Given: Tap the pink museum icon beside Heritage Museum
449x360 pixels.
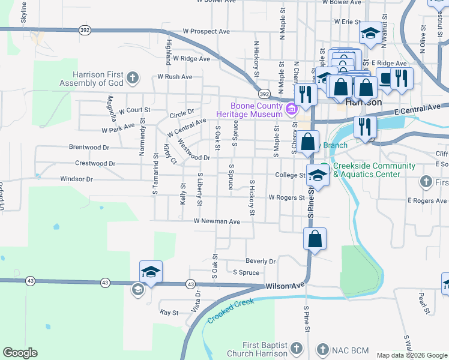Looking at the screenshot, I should tap(292, 109).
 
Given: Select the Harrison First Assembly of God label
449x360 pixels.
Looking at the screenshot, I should tap(97, 79).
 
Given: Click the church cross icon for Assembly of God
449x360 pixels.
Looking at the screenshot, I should tap(133, 77).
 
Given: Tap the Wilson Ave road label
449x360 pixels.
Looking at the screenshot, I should tap(286, 287).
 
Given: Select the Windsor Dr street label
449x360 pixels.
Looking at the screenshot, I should tap(76, 179).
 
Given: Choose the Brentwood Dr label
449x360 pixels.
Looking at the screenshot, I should tap(89, 147).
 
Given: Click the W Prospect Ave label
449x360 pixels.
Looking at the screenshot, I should tap(206, 31).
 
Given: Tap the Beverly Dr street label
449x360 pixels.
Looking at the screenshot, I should tap(261, 262).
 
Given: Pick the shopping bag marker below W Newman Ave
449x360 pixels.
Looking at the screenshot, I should tap(315, 239).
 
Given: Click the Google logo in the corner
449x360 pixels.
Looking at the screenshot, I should tap(20, 352).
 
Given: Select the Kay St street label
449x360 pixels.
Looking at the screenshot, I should tap(169, 313).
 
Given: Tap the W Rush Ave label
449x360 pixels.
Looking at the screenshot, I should tap(175, 77).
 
